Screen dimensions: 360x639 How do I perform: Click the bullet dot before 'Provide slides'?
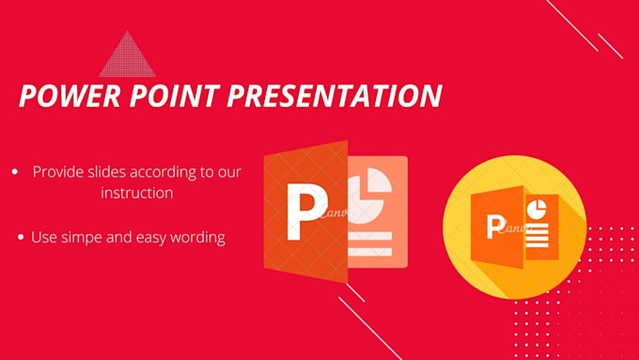[15, 172]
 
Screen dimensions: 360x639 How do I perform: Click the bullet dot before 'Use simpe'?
[22, 238]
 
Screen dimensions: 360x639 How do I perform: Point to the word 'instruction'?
[137, 193]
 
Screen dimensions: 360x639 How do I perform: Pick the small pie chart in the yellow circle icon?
[538, 209]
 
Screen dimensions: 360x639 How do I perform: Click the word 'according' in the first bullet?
[158, 172]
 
